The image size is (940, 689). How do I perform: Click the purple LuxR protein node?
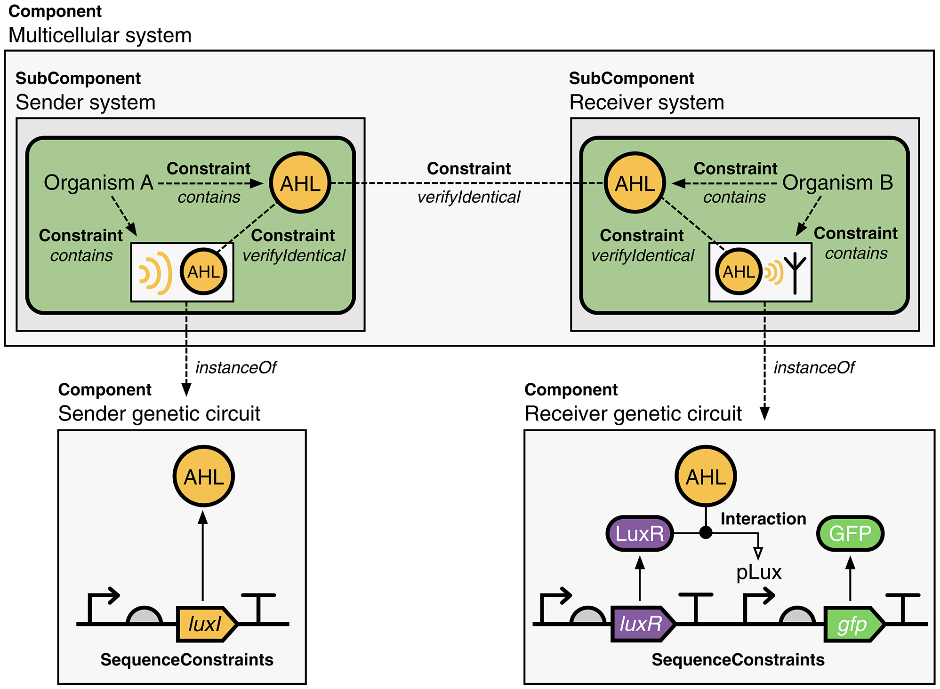[x=639, y=533]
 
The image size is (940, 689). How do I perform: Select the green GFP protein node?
[x=850, y=533]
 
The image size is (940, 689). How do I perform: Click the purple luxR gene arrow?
[x=642, y=624]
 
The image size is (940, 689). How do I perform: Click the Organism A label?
[x=98, y=182]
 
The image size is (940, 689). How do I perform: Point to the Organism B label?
[x=837, y=182]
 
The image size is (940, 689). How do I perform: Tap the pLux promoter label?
[x=759, y=572]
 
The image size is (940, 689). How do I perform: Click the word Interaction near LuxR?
[x=763, y=518]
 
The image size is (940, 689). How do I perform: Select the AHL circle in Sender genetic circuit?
[x=203, y=476]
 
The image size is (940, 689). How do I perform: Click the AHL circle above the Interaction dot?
[x=706, y=476]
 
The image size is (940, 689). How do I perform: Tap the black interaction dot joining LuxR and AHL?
[x=706, y=532]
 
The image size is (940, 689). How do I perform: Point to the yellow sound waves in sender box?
[x=155, y=273]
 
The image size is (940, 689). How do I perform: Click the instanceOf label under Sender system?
[x=236, y=367]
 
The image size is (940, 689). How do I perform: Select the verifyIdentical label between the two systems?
[x=469, y=197]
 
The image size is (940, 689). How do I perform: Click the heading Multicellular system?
[x=100, y=35]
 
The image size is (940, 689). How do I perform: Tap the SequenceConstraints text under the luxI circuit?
[x=187, y=659]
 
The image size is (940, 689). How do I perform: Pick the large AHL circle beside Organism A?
[x=300, y=182]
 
